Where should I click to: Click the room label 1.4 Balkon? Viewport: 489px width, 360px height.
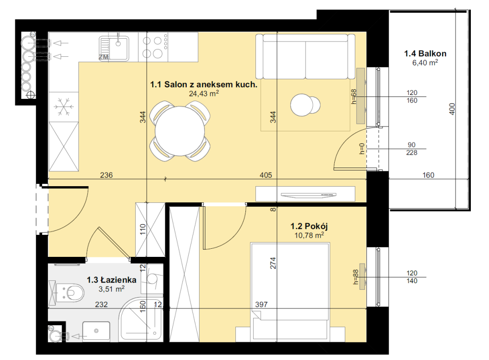click(425, 53)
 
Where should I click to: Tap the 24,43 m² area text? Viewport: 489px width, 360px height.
click(203, 93)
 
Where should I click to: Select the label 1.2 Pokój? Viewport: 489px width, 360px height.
click(309, 226)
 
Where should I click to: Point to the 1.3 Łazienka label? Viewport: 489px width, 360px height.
click(111, 280)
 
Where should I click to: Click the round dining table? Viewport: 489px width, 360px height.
click(180, 131)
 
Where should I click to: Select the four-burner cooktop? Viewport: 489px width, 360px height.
click(153, 47)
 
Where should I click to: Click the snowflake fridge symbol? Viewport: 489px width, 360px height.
click(64, 107)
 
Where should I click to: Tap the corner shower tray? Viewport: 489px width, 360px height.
click(141, 319)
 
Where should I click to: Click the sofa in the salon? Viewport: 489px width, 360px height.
click(305, 56)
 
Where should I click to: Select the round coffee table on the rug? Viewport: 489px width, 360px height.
click(305, 105)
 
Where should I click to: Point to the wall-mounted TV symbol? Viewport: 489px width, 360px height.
click(308, 195)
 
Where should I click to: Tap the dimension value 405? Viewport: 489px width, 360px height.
click(266, 175)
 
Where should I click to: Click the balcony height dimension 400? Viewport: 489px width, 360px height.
click(452, 109)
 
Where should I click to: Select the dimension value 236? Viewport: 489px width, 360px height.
click(106, 175)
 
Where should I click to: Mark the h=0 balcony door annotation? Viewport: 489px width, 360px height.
click(362, 148)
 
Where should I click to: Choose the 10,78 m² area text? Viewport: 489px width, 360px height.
click(309, 235)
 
